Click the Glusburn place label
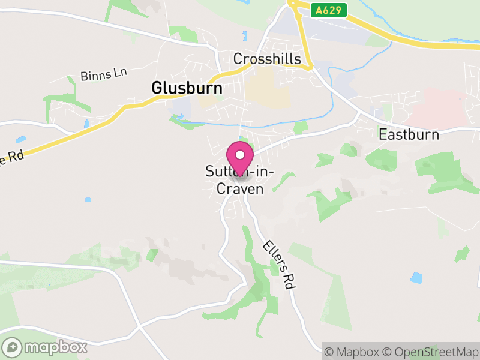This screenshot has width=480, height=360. [x=187, y=88]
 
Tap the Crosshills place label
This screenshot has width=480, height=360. [x=266, y=59]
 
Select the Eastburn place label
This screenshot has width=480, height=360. [x=409, y=134]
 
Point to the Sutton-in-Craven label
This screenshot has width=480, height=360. [x=240, y=181]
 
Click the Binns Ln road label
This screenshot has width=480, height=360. [x=104, y=75]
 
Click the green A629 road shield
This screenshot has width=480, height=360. [x=329, y=11]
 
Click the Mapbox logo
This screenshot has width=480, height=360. [x=45, y=347]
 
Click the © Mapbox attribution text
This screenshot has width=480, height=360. [x=355, y=351]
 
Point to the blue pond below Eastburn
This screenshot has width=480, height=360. [x=416, y=278]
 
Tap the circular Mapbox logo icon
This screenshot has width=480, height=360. [x=12, y=347]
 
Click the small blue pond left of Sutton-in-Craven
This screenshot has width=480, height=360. [x=88, y=199]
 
